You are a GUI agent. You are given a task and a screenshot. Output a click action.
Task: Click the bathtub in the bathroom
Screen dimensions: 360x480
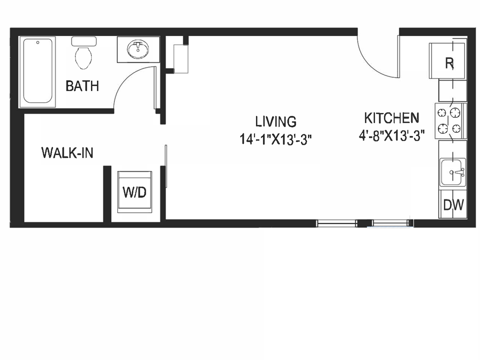(38, 71)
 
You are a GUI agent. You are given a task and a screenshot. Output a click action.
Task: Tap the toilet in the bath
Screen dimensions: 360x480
(83, 54)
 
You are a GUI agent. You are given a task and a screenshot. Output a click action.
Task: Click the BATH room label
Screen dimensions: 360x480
(82, 86)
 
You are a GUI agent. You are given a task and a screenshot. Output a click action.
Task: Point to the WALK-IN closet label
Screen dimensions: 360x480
(67, 153)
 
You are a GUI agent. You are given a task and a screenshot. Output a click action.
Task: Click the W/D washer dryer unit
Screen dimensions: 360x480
(134, 192)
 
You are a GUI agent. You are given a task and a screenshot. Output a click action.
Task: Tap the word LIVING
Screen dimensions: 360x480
(276, 121)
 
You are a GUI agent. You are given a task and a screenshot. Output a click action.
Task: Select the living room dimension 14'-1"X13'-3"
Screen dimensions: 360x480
(276, 140)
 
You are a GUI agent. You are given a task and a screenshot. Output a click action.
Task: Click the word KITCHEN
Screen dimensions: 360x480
(392, 117)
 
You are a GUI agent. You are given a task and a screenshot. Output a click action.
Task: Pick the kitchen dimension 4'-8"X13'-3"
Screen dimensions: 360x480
(392, 135)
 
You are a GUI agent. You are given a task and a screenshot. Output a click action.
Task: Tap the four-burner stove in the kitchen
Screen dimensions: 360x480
(449, 121)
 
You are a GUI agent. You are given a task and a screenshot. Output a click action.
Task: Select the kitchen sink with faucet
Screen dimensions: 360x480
(453, 172)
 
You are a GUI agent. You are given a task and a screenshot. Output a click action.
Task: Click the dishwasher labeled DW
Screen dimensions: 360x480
(453, 204)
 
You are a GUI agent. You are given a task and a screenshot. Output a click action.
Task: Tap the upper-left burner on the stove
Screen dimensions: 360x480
(442, 113)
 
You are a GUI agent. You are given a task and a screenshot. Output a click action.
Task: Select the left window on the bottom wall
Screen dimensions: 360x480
(337, 224)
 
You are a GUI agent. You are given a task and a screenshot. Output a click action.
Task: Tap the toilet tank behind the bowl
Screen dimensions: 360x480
(84, 41)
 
